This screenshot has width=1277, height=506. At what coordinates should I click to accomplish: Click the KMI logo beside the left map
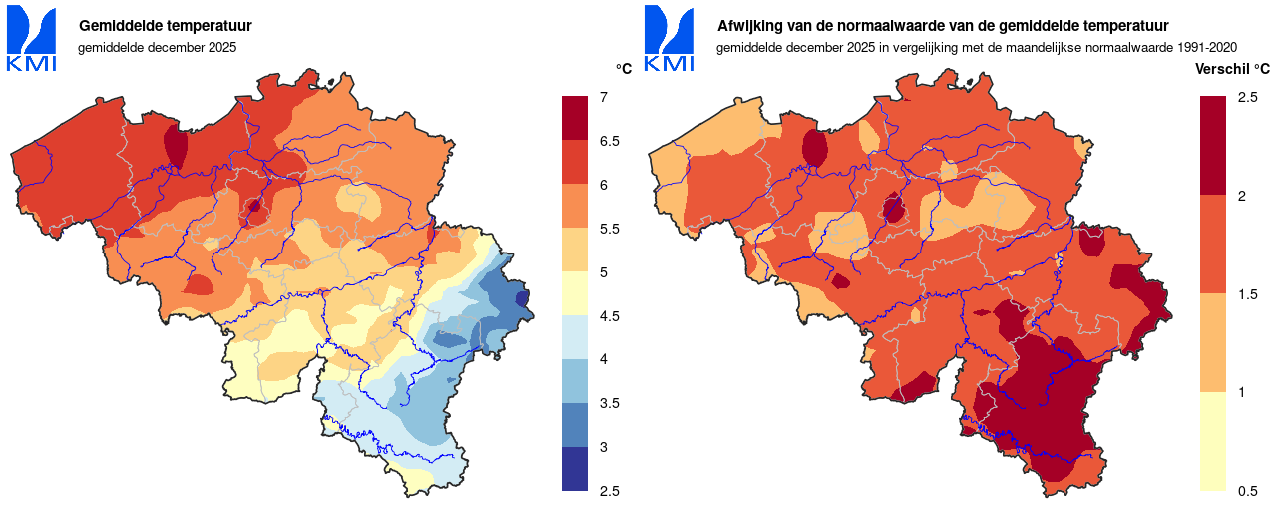(x=32, y=40)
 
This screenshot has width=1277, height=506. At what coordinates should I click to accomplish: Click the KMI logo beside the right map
(x=670, y=40)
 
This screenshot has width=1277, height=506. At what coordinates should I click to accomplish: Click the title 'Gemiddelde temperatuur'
(x=165, y=26)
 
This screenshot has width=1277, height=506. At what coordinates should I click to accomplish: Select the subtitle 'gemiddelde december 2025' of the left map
(x=158, y=47)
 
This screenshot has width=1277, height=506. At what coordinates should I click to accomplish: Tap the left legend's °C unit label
(x=624, y=69)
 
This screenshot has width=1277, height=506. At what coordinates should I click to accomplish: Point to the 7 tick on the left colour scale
(x=604, y=97)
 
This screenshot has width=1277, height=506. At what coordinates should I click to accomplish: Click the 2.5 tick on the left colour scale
(x=609, y=491)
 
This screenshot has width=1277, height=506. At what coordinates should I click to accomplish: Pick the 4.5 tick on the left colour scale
(x=609, y=316)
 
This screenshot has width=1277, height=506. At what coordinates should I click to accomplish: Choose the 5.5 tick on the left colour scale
(x=609, y=229)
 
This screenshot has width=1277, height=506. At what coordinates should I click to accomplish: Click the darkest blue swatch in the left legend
(x=576, y=469)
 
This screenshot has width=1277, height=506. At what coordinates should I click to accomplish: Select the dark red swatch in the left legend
(x=576, y=118)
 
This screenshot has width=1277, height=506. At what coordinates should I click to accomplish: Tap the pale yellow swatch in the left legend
(x=576, y=293)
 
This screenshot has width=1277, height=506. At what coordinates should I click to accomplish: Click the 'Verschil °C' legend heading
(x=1233, y=69)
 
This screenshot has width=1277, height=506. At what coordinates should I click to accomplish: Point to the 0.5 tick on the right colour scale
(x=1247, y=491)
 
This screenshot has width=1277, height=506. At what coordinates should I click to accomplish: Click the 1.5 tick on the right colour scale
(x=1247, y=293)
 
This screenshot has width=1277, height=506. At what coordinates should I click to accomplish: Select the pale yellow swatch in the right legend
(x=1213, y=441)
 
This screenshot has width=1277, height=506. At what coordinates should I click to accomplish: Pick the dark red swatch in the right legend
(x=1213, y=145)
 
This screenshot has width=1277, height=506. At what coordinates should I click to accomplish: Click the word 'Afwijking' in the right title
(x=751, y=26)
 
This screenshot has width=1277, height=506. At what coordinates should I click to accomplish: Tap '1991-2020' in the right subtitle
(x=1208, y=47)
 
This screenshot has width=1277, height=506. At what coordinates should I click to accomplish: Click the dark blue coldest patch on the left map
(x=522, y=297)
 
